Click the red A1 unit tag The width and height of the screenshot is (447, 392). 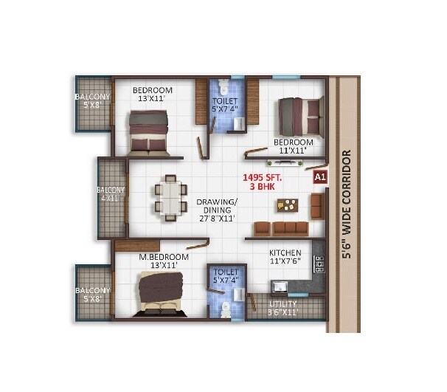point(320,177)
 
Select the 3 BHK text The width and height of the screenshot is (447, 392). point(263,188)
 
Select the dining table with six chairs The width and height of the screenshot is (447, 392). point(170,198)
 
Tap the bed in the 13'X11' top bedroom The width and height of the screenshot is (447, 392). point(148,131)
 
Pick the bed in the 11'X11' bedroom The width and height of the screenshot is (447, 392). point(299,117)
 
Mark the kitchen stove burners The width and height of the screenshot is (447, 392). point(319,262)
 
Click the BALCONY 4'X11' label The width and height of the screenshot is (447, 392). point(111,194)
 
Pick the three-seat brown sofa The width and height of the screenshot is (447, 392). point(280,227)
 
